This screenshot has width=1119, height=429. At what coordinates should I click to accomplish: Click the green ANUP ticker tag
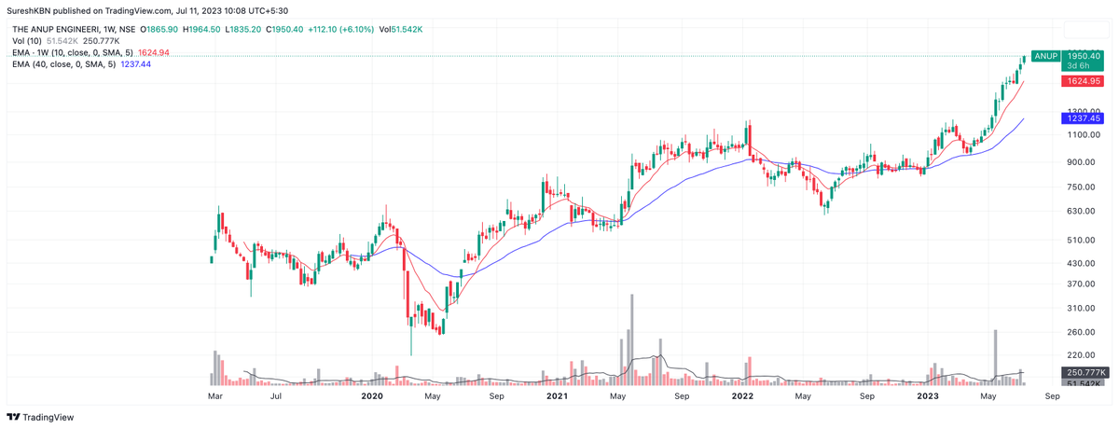[1045, 56]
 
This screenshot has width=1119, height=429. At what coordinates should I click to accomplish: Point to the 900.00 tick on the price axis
[1080, 162]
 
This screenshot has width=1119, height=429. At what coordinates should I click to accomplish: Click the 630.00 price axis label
[1080, 212]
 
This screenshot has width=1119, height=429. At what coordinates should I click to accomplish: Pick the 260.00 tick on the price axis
[1080, 332]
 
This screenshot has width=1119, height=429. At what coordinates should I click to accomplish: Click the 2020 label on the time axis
[372, 396]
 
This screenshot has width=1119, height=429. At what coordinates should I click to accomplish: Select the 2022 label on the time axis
[743, 396]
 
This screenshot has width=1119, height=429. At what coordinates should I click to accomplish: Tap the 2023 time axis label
[929, 396]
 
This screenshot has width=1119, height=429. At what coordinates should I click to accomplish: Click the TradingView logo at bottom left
[41, 417]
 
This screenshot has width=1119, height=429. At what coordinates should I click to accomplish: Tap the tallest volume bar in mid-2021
[632, 339]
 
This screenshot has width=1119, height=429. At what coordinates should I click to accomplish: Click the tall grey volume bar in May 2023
[996, 357]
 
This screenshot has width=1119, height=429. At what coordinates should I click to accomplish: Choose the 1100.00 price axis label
[1080, 135]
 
